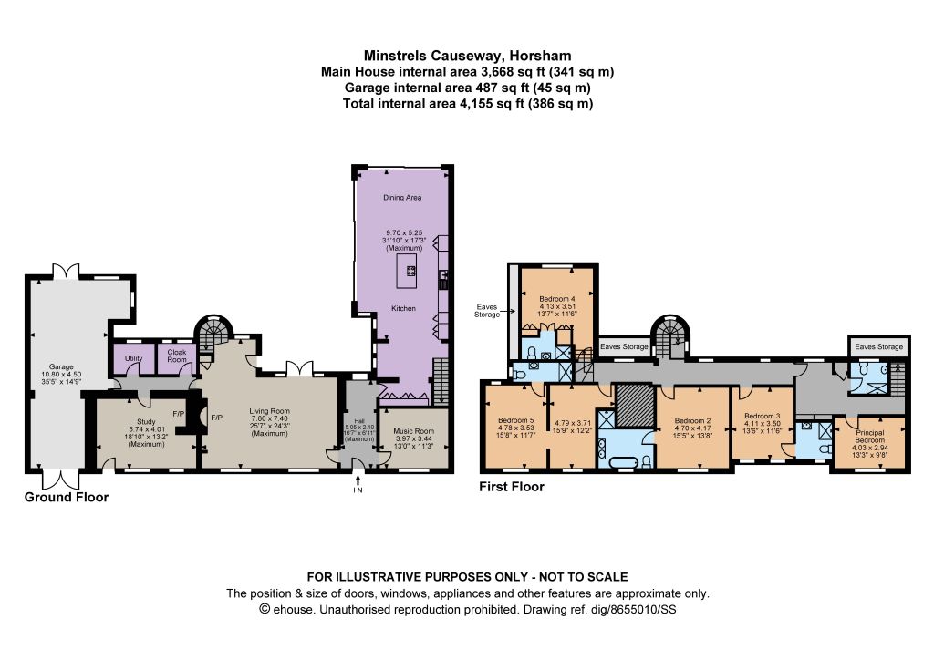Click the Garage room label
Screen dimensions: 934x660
click(x=61, y=367)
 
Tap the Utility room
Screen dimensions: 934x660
click(x=133, y=359)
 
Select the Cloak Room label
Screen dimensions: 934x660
click(x=177, y=356)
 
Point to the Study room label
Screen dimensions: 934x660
click(x=146, y=421)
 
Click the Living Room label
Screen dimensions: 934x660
click(x=269, y=411)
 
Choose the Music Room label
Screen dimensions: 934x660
click(x=414, y=431)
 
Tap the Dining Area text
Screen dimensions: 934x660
click(x=402, y=198)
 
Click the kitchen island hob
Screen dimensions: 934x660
click(x=410, y=272)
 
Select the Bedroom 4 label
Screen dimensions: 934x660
click(x=557, y=299)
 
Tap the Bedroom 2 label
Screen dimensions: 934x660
click(x=693, y=421)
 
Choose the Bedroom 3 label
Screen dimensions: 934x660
click(x=763, y=416)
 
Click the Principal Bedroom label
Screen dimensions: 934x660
click(x=870, y=437)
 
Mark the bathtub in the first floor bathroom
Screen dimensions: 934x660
click(x=622, y=460)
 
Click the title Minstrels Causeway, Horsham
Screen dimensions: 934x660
click(x=468, y=56)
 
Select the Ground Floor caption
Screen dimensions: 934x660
click(x=67, y=498)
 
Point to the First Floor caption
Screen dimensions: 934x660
click(x=512, y=487)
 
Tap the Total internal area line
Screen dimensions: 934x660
click(x=468, y=104)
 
